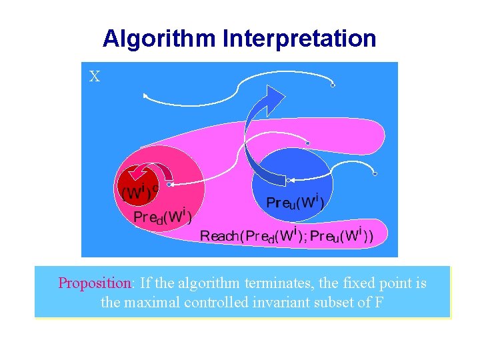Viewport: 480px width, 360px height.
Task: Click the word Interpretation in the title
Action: coord(300,39)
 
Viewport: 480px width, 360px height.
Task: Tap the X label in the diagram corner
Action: coord(95,77)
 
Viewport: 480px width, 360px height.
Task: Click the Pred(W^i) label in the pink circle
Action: coord(163,217)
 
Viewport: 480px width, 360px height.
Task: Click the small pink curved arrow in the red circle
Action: coord(141,173)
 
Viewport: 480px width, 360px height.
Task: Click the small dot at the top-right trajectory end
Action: coord(333,85)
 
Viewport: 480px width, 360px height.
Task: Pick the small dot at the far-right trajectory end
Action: coord(375,174)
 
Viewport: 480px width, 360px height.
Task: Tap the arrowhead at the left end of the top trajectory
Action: coord(145,96)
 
